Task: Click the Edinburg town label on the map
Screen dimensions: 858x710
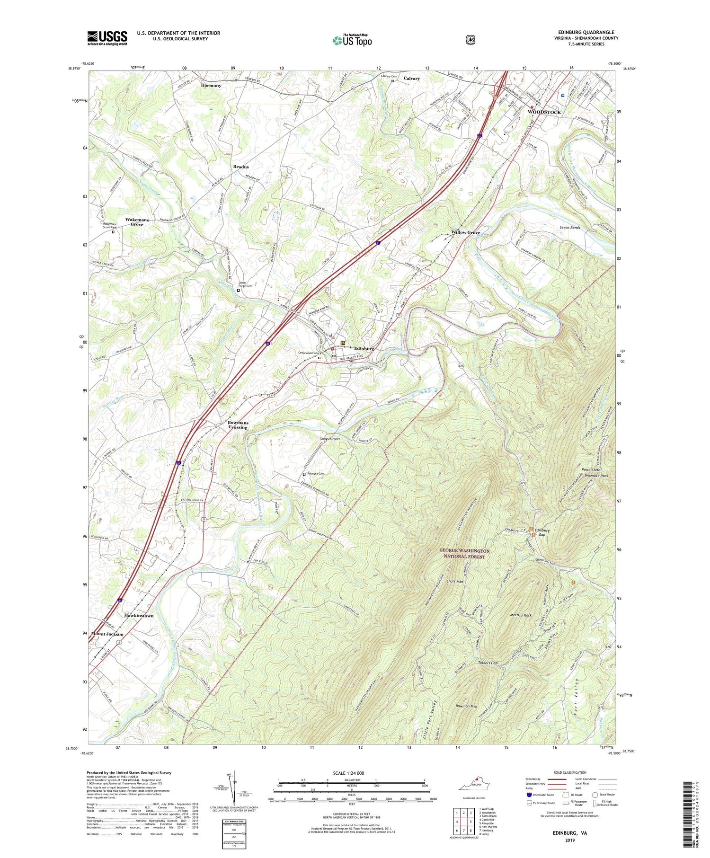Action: click(363, 349)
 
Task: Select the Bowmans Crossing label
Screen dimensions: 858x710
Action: click(238, 425)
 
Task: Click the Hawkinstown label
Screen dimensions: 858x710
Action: click(139, 616)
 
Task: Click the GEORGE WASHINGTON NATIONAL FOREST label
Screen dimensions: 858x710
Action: click(464, 554)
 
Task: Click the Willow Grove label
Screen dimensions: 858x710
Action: click(465, 233)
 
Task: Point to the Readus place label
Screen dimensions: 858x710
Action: click(240, 167)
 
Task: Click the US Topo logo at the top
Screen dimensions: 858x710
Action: click(352, 40)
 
